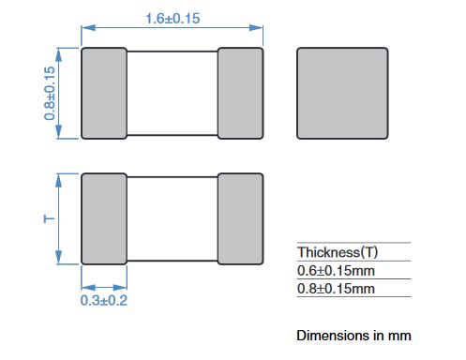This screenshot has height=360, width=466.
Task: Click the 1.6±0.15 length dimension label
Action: [173, 19]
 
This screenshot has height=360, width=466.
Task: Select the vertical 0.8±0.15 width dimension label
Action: [50, 93]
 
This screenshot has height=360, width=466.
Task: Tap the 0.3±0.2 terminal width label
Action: [104, 301]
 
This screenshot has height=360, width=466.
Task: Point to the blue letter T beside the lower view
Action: [49, 218]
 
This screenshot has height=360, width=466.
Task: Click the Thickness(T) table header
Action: [338, 252]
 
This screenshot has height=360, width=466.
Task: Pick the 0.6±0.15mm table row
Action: [336, 271]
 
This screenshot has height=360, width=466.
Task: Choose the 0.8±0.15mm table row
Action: [336, 289]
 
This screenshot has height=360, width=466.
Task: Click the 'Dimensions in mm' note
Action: [353, 336]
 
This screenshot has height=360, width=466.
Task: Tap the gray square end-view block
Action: [342, 93]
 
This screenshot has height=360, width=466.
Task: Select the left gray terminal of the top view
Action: [104, 93]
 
